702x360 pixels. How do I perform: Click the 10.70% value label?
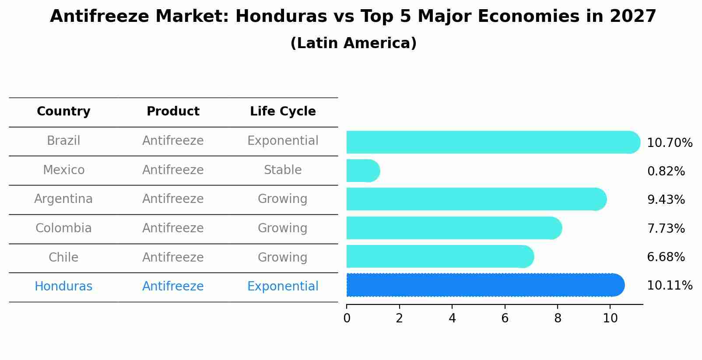[x=669, y=143]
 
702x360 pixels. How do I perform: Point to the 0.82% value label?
[x=666, y=171]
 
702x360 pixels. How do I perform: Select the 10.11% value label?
[x=669, y=286]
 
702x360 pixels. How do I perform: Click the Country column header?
[x=63, y=112]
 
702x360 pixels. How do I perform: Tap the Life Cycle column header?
[x=283, y=112]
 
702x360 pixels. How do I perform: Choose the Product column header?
[x=173, y=112]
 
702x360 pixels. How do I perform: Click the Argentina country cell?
[x=63, y=199]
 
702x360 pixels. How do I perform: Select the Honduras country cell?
[x=63, y=287]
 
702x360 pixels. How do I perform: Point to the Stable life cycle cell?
[x=283, y=170]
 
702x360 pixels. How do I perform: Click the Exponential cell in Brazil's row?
[x=283, y=141]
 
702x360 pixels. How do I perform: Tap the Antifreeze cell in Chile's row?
[x=173, y=257]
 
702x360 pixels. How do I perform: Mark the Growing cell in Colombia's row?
[x=283, y=228]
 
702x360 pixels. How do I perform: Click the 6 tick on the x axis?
[x=505, y=318]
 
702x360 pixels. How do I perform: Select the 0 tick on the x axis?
[x=347, y=318]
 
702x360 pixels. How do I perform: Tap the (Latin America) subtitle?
[x=353, y=43]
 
